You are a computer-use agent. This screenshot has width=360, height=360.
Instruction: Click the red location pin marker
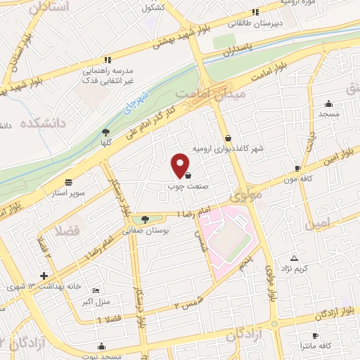tap(181, 165)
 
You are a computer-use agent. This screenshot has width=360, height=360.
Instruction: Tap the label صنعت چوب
tap(181, 186)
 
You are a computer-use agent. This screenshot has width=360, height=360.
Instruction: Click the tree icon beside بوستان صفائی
tap(145, 219)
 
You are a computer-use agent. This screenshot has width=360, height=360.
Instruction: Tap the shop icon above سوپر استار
tap(68, 181)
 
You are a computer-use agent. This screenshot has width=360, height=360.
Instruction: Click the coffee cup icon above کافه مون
tap(297, 169)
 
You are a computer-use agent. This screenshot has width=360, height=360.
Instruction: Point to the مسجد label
tap(328, 113)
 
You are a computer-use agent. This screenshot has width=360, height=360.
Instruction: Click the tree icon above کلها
tap(105, 131)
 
